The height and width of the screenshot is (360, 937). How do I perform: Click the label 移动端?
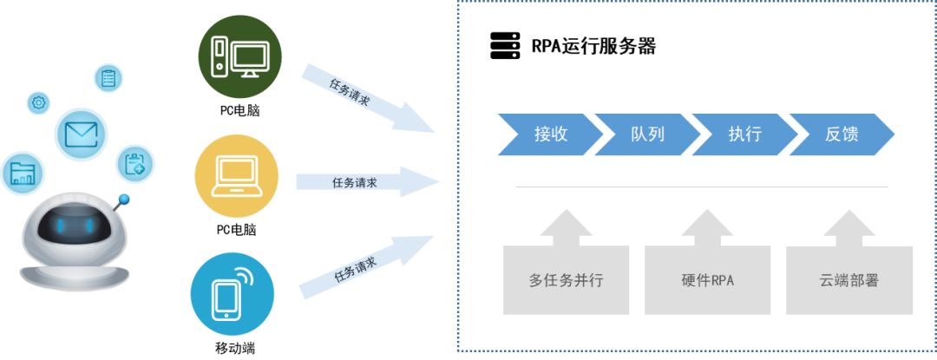[234, 350]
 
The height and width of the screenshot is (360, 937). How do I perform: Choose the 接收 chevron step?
[550, 134]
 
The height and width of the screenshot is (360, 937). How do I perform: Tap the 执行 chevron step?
[744, 134]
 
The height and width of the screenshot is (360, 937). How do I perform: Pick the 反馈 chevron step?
[842, 134]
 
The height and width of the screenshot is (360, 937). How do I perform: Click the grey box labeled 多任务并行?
[566, 279]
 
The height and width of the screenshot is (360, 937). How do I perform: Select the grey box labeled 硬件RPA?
[707, 279]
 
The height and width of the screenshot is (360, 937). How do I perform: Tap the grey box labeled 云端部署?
[849, 279]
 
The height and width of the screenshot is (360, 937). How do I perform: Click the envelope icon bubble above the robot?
[82, 134]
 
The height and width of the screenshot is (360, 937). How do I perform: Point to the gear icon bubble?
[39, 103]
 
